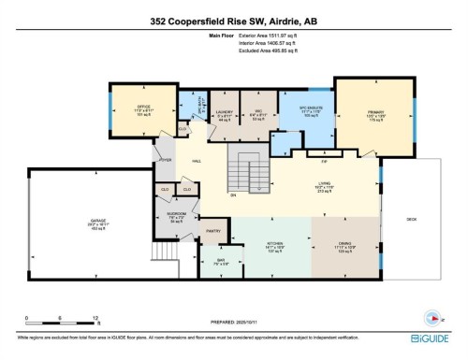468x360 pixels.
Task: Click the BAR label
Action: (x=221, y=259)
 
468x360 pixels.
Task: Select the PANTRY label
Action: (x=212, y=230)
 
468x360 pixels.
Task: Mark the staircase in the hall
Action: (x=248, y=173)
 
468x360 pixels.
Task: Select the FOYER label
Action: (x=166, y=160)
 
